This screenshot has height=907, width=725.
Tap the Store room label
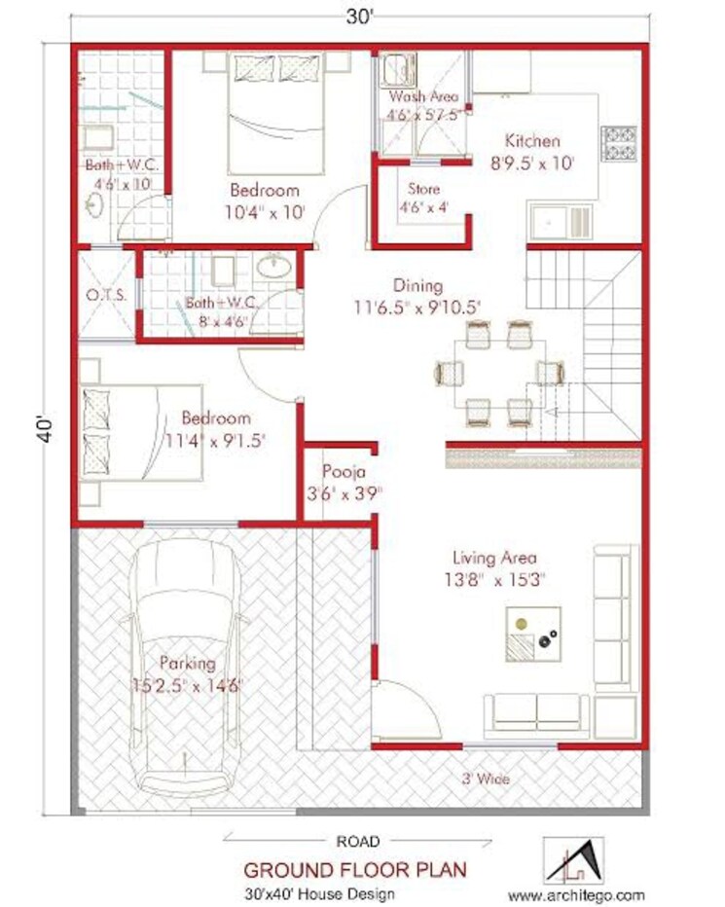(425, 189)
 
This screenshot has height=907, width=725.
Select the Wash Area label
(423, 97)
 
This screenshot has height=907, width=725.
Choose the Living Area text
(494, 559)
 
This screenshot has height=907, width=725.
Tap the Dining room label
(417, 286)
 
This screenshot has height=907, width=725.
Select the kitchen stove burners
(619, 143)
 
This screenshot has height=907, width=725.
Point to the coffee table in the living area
(531, 632)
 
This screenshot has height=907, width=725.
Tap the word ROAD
(358, 840)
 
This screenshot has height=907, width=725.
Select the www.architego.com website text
(576, 893)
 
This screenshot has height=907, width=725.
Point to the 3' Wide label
(485, 779)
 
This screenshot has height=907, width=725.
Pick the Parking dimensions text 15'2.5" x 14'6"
(188, 684)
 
